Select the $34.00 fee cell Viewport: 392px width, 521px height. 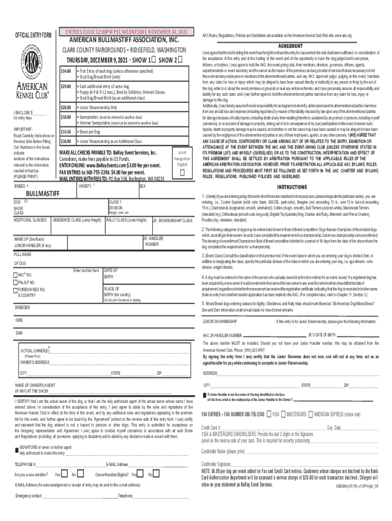pyautogui.click(x=65, y=70)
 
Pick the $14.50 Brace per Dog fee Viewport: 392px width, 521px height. pyautogui.click(x=65, y=131)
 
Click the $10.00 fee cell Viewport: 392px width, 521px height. pyautogui.click(x=65, y=141)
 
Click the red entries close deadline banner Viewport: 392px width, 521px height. pyautogui.click(x=127, y=32)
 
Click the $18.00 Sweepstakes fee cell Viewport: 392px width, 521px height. pyautogui.click(x=65, y=117)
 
